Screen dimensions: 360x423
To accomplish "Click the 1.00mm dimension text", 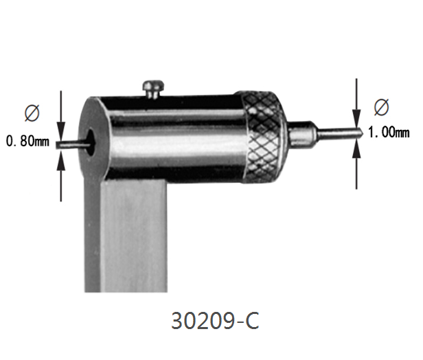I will [x=389, y=133].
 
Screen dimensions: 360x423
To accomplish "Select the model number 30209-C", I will [x=214, y=322].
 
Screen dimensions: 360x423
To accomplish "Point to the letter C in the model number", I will [x=252, y=322].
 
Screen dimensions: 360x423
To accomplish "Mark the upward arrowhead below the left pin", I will [x=61, y=157].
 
